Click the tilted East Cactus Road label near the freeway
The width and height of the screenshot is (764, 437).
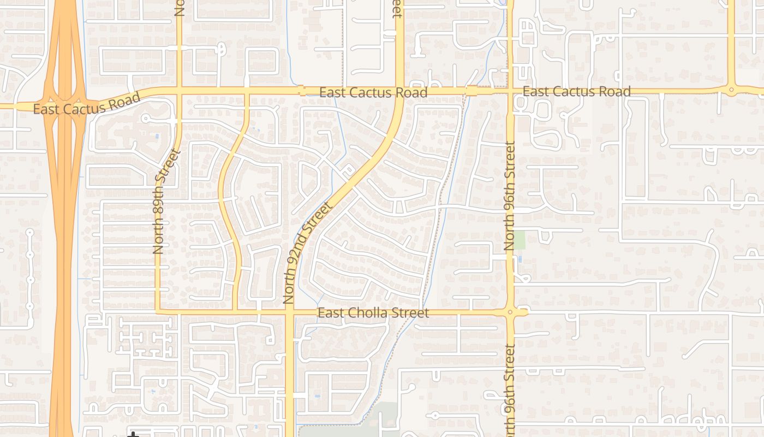tap(87, 104)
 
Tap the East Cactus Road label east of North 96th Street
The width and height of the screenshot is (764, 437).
tap(576, 91)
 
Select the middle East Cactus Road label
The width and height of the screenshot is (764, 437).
tap(373, 92)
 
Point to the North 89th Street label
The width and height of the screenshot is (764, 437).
tap(159, 202)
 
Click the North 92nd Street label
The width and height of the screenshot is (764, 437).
tap(307, 253)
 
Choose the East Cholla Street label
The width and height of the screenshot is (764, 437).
tap(373, 313)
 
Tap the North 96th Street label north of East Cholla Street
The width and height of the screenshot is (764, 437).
tap(510, 196)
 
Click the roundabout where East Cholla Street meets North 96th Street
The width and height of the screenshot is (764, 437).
tap(510, 312)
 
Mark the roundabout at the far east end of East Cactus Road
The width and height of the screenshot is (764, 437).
tap(731, 90)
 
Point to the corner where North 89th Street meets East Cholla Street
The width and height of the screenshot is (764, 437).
tap(158, 311)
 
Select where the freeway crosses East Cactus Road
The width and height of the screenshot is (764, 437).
tap(64, 104)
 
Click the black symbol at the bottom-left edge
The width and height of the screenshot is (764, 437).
tap(133, 434)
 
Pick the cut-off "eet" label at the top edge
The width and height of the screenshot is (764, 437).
tap(397, 9)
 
